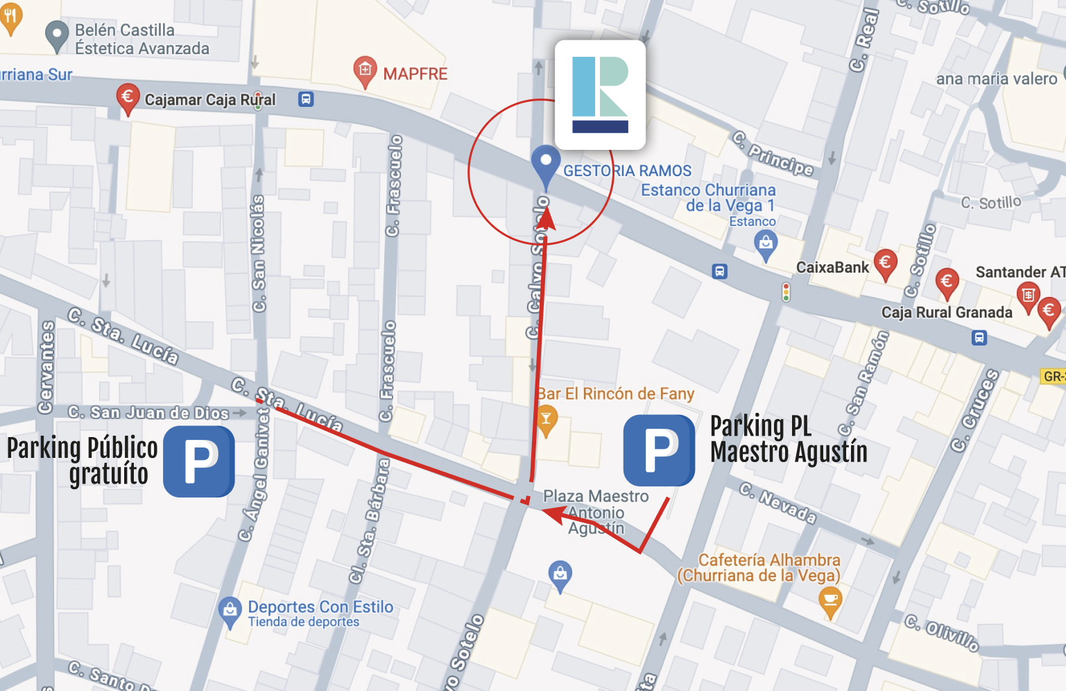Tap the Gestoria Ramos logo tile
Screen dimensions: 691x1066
(x=600, y=95)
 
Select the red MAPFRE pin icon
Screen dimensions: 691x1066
(x=365, y=71)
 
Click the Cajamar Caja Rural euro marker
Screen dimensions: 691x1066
(x=127, y=97)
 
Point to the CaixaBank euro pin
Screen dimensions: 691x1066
(x=884, y=264)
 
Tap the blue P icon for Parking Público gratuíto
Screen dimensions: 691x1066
(x=199, y=461)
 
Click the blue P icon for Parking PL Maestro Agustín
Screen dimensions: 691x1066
(x=659, y=450)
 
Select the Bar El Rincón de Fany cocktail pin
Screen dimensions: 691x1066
(x=547, y=420)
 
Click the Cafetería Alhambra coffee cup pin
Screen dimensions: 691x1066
(x=830, y=601)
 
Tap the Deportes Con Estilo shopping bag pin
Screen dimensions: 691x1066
(x=230, y=611)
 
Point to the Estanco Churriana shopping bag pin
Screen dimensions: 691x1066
(x=766, y=245)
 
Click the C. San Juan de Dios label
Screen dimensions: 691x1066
(x=148, y=413)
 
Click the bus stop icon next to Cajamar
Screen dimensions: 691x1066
(x=306, y=99)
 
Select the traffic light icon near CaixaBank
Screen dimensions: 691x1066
(x=786, y=291)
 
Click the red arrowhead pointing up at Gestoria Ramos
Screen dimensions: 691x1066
(x=547, y=218)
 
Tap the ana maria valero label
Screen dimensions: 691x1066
(x=996, y=79)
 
